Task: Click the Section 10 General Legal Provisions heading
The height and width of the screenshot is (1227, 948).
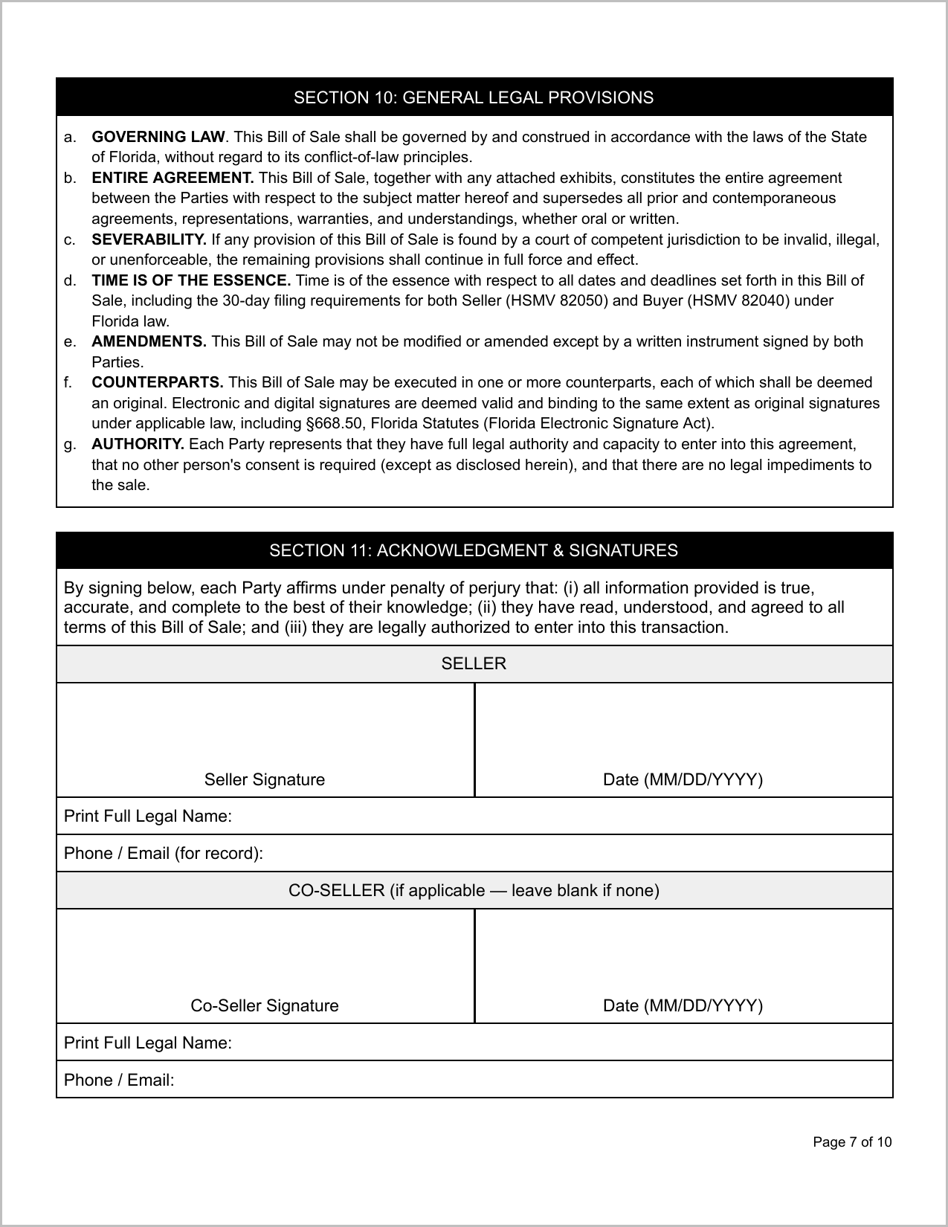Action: point(474,97)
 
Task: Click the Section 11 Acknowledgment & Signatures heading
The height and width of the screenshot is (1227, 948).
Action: point(474,550)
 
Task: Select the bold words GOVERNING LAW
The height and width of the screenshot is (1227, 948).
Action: point(158,137)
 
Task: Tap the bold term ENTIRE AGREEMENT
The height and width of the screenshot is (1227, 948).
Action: point(172,178)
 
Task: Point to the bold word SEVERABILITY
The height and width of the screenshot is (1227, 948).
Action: point(149,239)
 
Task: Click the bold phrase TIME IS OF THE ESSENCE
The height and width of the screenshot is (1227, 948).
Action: point(191,280)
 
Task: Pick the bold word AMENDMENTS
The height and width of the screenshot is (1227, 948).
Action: point(149,341)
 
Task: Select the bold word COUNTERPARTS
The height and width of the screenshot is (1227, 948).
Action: point(157,382)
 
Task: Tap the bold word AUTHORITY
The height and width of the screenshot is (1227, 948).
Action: point(138,444)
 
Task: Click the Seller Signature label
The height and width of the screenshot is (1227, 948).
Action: point(265,779)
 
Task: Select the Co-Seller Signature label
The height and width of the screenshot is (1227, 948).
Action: point(265,1005)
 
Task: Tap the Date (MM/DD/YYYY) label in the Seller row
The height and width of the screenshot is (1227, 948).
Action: point(683,779)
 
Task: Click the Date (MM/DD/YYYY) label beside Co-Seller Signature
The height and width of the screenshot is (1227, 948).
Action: point(683,1005)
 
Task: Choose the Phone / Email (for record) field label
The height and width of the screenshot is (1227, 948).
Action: point(164,853)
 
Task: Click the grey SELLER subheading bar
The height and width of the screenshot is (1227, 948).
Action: point(474,663)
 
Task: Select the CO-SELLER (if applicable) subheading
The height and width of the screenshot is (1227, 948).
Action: point(474,890)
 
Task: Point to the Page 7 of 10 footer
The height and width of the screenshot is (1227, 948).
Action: point(852,1142)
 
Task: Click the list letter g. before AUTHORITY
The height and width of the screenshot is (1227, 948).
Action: point(69,444)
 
